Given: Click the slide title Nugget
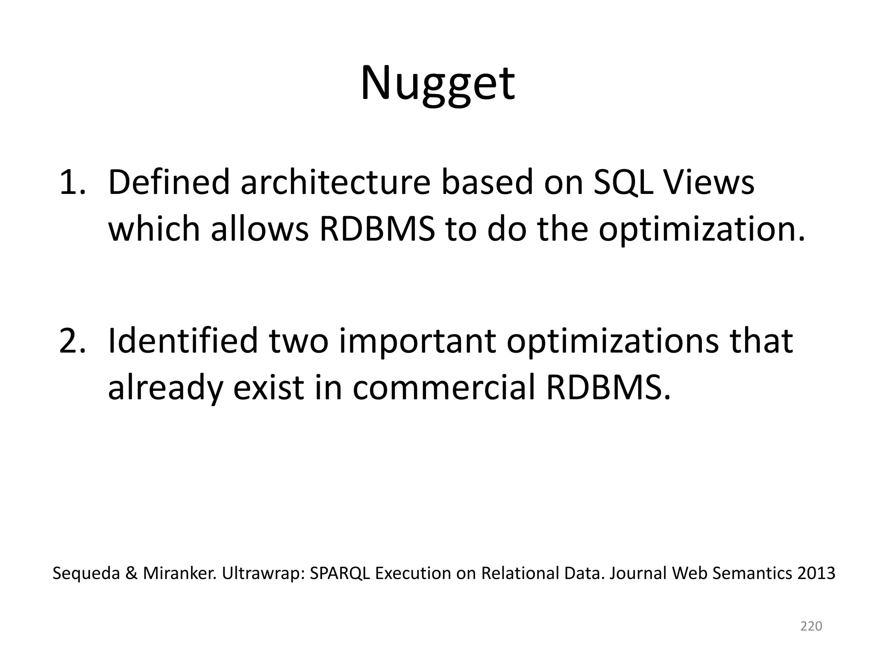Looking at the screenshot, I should tap(437, 83).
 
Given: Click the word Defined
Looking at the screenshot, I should tap(169, 183).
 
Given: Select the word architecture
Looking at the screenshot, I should tap(335, 183).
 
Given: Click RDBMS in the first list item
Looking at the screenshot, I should tap(377, 229).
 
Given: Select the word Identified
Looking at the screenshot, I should tap(183, 341).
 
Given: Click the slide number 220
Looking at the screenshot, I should tap(811, 626).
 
